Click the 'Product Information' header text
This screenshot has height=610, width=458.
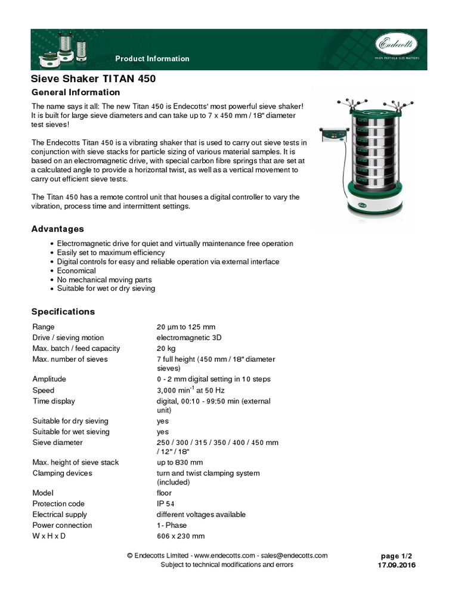(152, 58)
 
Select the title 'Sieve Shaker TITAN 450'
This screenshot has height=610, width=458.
(94, 79)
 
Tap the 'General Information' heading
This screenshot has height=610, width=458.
(75, 92)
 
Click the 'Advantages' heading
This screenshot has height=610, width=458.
(57, 229)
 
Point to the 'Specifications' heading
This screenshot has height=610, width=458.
(63, 312)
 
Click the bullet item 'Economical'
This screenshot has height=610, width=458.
(76, 270)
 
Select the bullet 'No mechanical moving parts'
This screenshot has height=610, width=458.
(104, 279)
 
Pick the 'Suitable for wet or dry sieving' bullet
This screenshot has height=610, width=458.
(106, 288)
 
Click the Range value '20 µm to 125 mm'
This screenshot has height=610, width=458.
(185, 327)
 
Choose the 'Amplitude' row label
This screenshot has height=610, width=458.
(49, 379)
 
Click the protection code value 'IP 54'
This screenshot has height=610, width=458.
(165, 503)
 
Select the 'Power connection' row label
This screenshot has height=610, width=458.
(62, 525)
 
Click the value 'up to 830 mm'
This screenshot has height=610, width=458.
(180, 462)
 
